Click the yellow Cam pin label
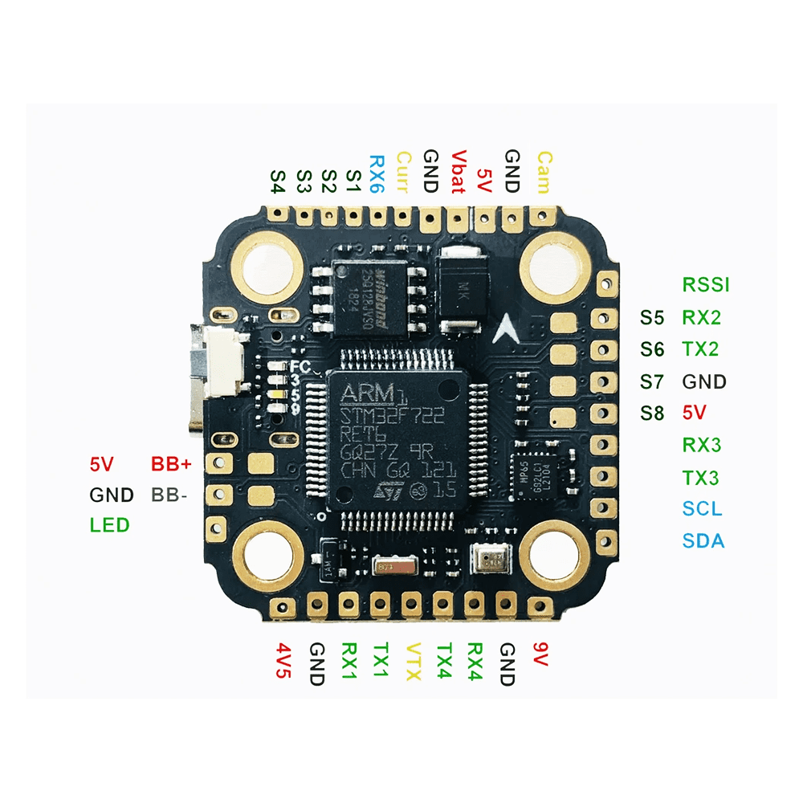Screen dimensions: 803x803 point(544,172)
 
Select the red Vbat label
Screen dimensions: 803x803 point(458,172)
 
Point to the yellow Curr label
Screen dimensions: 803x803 point(403,171)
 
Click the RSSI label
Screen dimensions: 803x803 point(706,284)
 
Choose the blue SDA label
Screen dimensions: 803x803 point(703,541)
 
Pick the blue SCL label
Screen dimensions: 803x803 point(702,509)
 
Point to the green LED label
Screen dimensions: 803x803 point(110,525)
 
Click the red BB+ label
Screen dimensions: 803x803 point(172,464)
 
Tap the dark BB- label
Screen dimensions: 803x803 point(169,495)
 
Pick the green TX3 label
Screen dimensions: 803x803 point(701,478)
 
